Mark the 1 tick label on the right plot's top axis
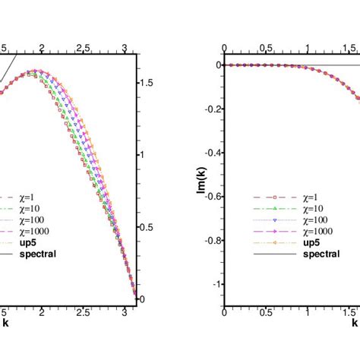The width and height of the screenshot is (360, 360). click(x=308, y=49)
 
